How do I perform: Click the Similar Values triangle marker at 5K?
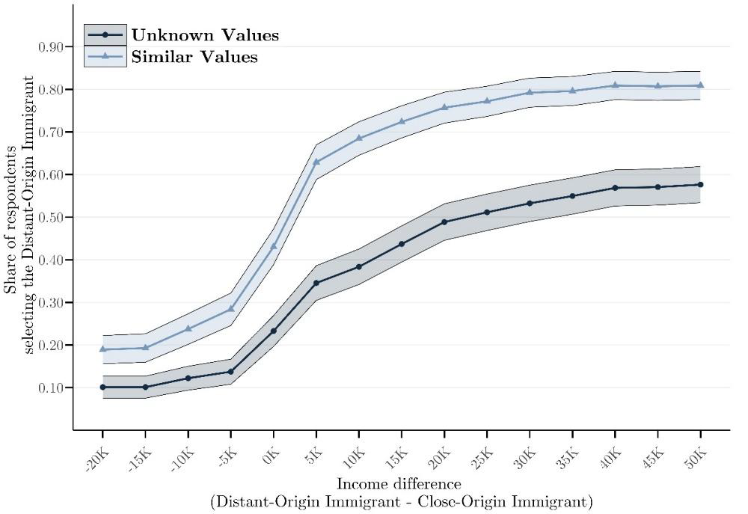point(316,162)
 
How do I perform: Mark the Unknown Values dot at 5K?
point(316,283)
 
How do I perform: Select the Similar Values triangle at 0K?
point(274,246)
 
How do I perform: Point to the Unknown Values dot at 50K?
point(700,184)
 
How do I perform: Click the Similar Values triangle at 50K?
point(700,85)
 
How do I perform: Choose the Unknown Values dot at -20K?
point(102,387)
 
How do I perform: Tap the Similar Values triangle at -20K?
point(102,349)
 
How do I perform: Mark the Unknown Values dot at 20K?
point(444,221)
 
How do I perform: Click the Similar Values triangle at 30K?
point(530,92)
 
